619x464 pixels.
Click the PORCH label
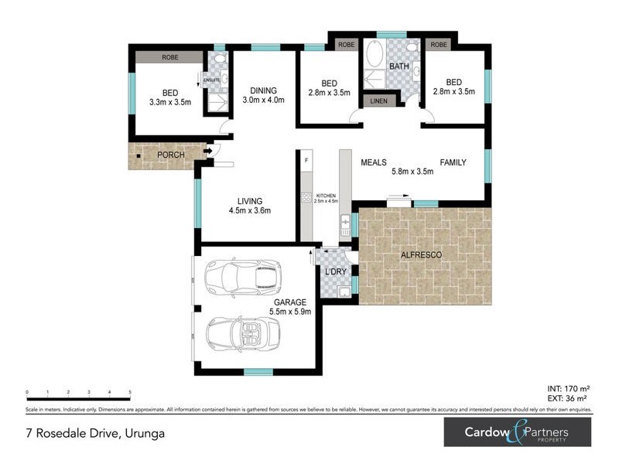[x=170, y=155]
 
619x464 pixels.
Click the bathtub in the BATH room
[x=374, y=55]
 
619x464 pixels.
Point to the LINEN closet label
[x=378, y=101]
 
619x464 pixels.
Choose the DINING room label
[x=263, y=94]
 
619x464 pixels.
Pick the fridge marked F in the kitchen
[x=307, y=160]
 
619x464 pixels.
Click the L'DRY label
[x=335, y=272]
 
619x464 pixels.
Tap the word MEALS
[x=374, y=162]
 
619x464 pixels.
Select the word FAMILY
[x=453, y=162]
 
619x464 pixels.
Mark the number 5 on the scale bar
[x=130, y=392]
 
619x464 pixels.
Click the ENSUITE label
[x=211, y=79]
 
